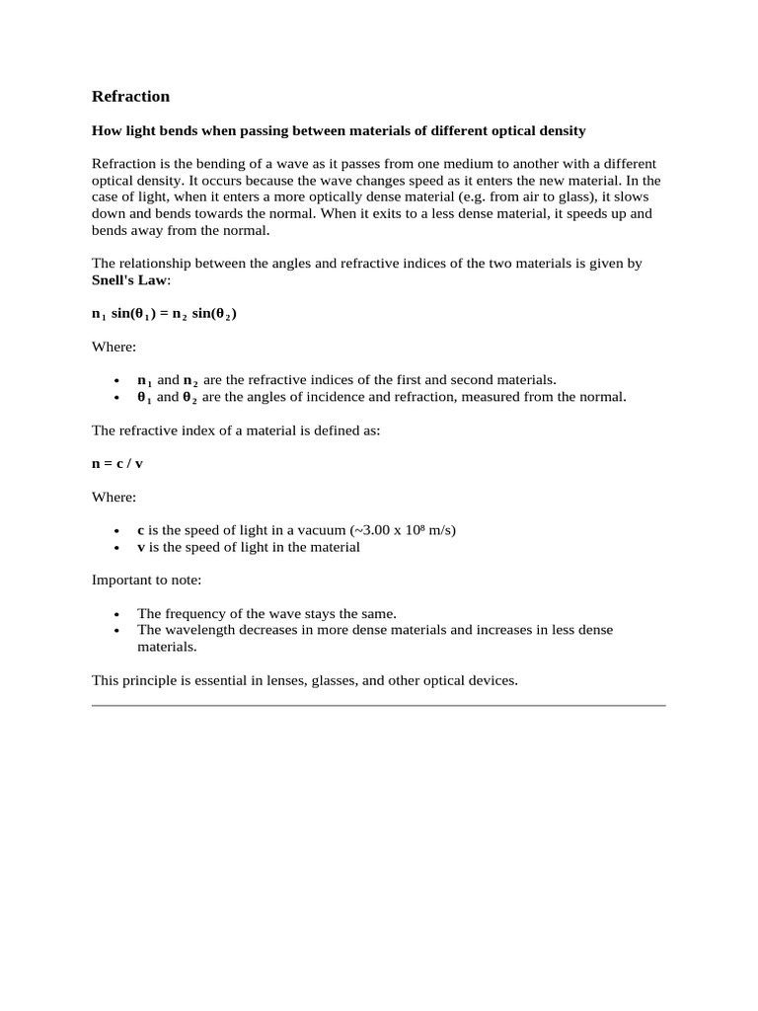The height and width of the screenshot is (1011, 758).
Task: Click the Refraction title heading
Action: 130,97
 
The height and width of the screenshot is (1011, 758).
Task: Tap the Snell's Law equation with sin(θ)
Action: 164,314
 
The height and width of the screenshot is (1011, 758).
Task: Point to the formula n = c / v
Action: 117,463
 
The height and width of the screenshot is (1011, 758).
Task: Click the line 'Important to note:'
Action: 146,581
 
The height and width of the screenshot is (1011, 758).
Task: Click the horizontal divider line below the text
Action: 379,706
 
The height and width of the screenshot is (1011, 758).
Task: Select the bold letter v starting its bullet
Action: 140,547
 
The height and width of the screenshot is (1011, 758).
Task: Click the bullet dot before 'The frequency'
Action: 116,614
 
